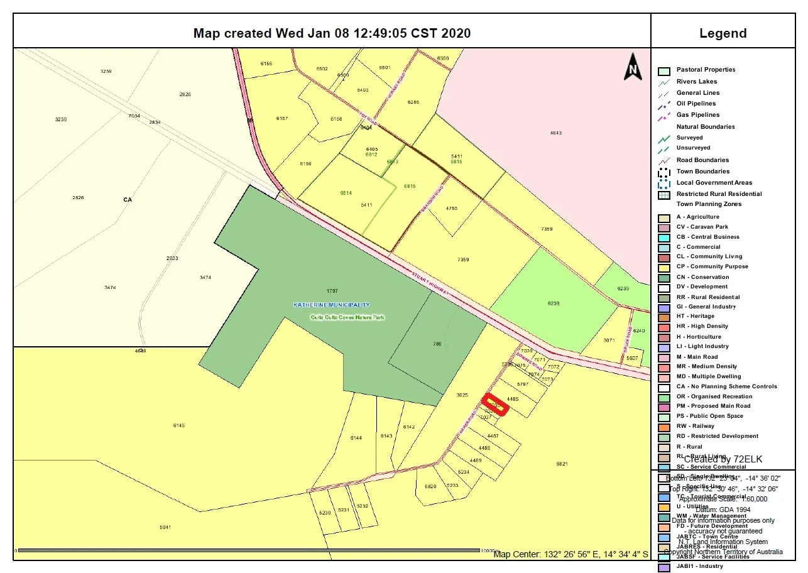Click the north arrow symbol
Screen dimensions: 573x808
(633, 67)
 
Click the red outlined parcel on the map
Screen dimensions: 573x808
(495, 404)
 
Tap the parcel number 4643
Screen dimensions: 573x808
(555, 133)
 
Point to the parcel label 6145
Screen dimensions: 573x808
(179, 425)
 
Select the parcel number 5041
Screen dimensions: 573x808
(165, 527)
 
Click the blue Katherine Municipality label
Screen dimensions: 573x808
(332, 305)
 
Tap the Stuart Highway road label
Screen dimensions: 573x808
(432, 285)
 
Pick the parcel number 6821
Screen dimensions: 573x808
(562, 464)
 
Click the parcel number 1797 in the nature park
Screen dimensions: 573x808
(332, 291)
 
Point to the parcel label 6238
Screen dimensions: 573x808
(554, 303)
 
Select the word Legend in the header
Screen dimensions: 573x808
(723, 33)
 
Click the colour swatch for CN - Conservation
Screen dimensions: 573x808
(664, 277)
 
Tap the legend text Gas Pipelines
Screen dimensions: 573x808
(698, 115)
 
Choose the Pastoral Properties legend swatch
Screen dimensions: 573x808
(664, 70)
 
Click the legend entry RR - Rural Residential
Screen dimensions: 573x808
(708, 297)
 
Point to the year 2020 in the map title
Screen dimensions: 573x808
(456, 33)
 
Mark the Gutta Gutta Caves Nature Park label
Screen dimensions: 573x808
(348, 317)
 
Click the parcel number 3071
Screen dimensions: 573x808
(609, 340)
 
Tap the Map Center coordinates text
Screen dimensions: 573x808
(570, 554)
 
